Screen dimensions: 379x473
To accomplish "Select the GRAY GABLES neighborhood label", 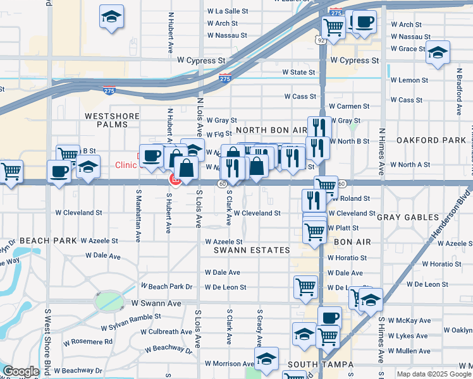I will click(x=407, y=217).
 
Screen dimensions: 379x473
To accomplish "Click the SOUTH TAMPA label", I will click(x=315, y=364).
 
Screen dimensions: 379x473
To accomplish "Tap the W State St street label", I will click(x=298, y=73).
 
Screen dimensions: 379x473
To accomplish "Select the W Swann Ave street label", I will click(x=156, y=303).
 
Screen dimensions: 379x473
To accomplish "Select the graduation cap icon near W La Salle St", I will click(x=111, y=17).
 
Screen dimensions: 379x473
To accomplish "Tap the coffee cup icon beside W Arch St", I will click(x=364, y=23).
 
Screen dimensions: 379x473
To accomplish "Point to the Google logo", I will click(x=21, y=372).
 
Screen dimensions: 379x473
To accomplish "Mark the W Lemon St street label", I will click(x=409, y=80).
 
